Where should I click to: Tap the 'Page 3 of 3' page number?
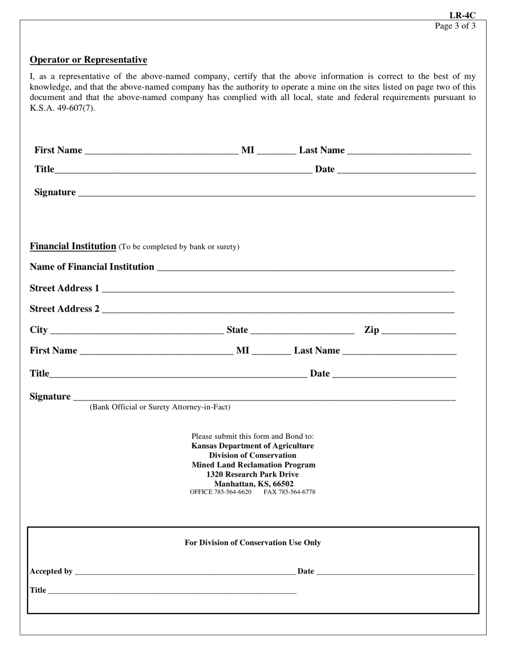click(x=455, y=26)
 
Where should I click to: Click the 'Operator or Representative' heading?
click(x=88, y=60)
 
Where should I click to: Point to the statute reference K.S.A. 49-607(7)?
click(x=62, y=108)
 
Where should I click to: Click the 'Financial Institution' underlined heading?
click(x=73, y=246)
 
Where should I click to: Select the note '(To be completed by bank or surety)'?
click(x=179, y=247)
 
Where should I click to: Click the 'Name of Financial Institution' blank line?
click(x=305, y=268)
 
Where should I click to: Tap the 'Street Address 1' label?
click(x=64, y=288)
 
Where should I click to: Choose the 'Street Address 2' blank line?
click(x=278, y=310)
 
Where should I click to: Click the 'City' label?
click(x=38, y=330)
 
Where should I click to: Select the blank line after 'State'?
click(x=302, y=331)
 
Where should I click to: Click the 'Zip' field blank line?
click(x=419, y=331)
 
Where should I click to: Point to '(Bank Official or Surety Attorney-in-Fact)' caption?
click(x=160, y=407)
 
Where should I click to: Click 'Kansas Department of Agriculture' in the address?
click(x=252, y=446)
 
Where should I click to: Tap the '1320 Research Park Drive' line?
click(x=252, y=474)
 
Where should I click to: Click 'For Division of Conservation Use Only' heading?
click(x=252, y=543)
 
